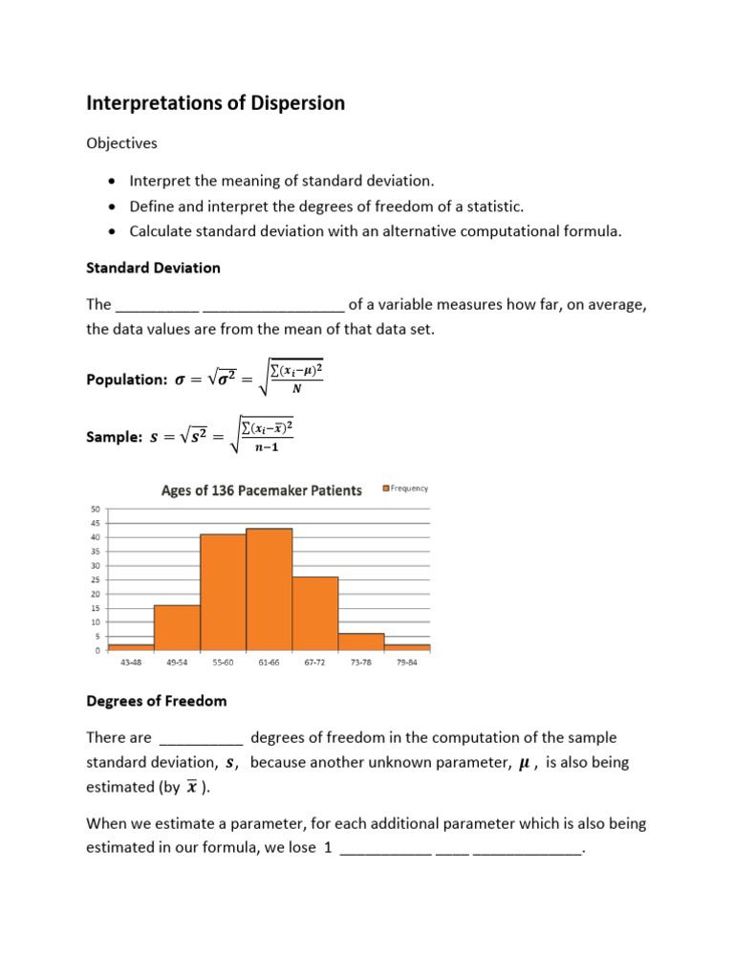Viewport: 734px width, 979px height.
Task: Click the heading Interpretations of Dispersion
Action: (216, 103)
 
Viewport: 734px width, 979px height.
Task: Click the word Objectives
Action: (122, 142)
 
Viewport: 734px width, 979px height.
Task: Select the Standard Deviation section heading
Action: (153, 268)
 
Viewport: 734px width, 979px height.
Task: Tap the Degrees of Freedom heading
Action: (157, 701)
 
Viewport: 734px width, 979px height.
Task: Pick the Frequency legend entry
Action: (406, 489)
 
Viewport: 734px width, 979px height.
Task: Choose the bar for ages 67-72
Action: (315, 613)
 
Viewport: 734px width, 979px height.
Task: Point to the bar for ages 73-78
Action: (361, 642)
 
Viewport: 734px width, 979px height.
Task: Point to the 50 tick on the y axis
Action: (96, 509)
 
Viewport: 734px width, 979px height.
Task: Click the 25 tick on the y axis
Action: (96, 579)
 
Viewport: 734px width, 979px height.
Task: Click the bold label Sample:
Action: (114, 437)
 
